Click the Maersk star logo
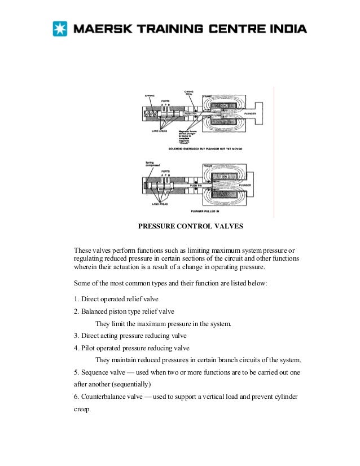59,28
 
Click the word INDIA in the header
286,28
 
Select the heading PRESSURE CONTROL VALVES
191,227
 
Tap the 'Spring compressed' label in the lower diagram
153,164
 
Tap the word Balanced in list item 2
97,311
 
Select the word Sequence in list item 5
97,372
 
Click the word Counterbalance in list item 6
105,397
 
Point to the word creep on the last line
83,410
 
